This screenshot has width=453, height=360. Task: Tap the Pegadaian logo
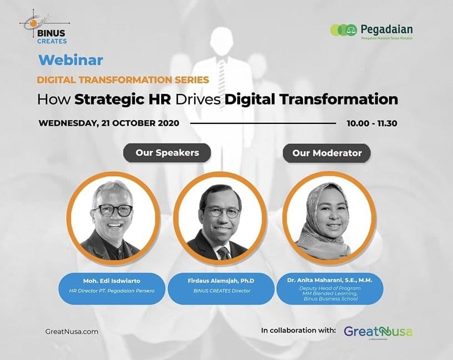pyautogui.click(x=371, y=31)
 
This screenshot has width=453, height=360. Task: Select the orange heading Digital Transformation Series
pyautogui.click(x=123, y=79)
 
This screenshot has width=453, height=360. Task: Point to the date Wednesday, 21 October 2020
pyautogui.click(x=109, y=123)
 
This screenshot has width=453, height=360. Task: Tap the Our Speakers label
pyautogui.click(x=167, y=153)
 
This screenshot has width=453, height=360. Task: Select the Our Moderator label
pyautogui.click(x=327, y=153)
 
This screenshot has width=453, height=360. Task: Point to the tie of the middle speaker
pyautogui.click(x=224, y=253)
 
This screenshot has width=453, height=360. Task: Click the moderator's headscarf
pyautogui.click(x=317, y=233)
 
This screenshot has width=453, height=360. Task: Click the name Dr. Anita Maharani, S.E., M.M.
pyautogui.click(x=330, y=281)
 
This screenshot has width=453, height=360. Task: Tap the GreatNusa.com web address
pyautogui.click(x=72, y=331)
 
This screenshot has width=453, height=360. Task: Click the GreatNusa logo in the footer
pyautogui.click(x=378, y=332)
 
